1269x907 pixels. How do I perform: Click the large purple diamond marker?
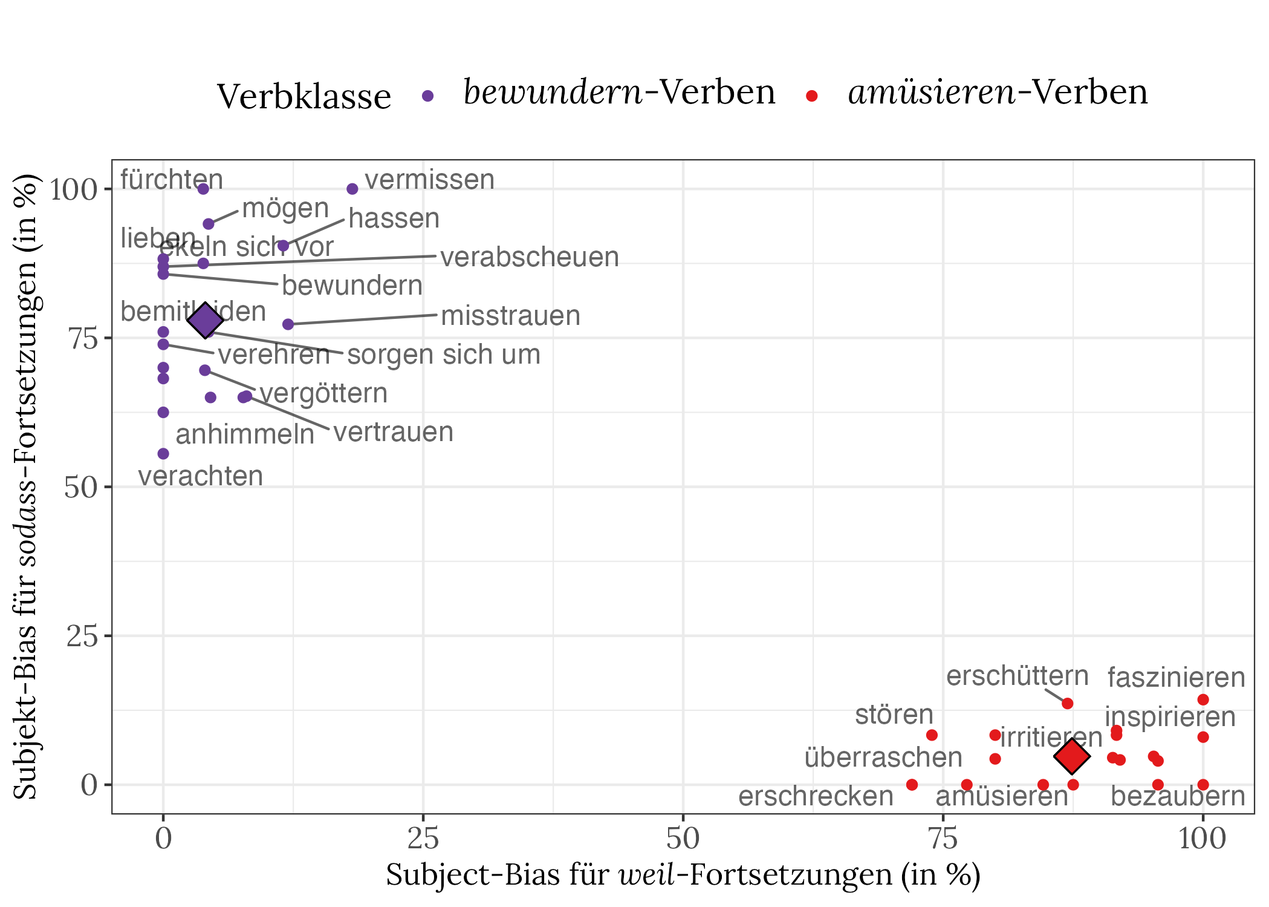(205, 321)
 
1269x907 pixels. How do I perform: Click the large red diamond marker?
(1071, 756)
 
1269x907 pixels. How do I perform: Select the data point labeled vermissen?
(352, 189)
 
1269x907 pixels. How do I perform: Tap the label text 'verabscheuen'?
(530, 257)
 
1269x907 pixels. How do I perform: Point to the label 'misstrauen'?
(510, 316)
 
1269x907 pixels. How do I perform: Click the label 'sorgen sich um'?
(444, 355)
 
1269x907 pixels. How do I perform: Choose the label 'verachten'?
(201, 476)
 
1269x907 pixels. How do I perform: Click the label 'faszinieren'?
(1176, 678)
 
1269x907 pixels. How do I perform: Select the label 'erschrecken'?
(816, 796)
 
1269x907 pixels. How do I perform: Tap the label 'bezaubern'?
(1178, 796)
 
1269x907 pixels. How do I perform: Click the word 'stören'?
(894, 715)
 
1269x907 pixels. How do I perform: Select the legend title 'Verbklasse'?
(304, 96)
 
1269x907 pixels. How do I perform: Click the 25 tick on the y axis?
(81, 636)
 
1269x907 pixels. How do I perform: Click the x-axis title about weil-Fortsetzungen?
(683, 875)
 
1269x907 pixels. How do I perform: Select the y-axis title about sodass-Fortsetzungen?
(27, 487)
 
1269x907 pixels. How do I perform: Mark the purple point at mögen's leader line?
(209, 224)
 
